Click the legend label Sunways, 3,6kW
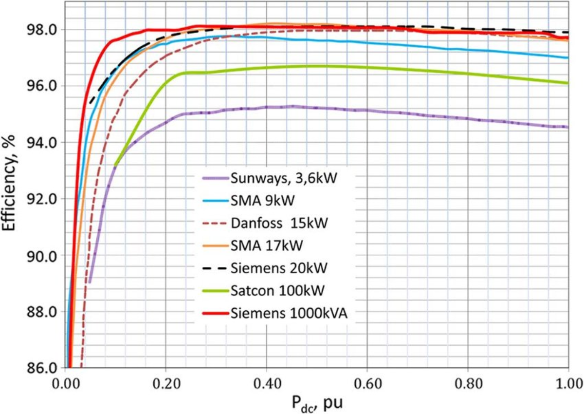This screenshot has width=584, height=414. [x=284, y=179]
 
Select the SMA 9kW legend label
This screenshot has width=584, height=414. [x=263, y=201]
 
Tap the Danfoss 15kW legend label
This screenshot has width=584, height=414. [x=279, y=223]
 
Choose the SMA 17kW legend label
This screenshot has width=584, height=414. [x=267, y=245]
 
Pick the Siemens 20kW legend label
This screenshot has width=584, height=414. [x=279, y=268]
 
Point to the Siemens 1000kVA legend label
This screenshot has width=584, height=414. [x=289, y=313]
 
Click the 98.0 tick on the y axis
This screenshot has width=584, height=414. [x=42, y=30]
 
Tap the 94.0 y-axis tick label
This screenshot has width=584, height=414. [x=42, y=143]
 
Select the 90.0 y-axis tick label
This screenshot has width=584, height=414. [x=42, y=256]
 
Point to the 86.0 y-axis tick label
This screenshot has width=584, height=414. [x=42, y=368]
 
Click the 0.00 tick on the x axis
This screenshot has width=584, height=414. [x=65, y=384]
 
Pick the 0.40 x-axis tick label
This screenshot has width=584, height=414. [x=267, y=384]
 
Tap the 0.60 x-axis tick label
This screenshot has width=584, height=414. [x=368, y=384]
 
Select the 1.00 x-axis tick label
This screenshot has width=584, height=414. [x=569, y=384]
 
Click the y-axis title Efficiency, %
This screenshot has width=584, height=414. [x=9, y=183]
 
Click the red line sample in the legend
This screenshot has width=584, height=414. [x=215, y=313]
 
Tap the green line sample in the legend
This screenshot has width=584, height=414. [x=215, y=290]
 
